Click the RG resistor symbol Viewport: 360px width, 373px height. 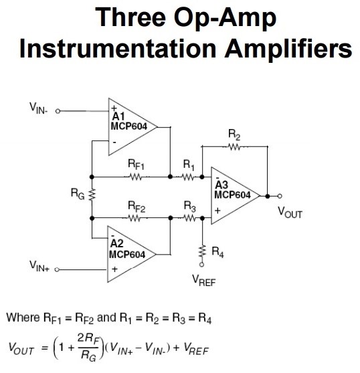pyautogui.click(x=92, y=195)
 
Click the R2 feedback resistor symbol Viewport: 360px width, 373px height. pyautogui.click(x=234, y=148)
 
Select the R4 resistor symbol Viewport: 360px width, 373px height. pyautogui.click(x=202, y=252)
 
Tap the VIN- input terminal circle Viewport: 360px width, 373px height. pyautogui.click(x=58, y=111)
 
